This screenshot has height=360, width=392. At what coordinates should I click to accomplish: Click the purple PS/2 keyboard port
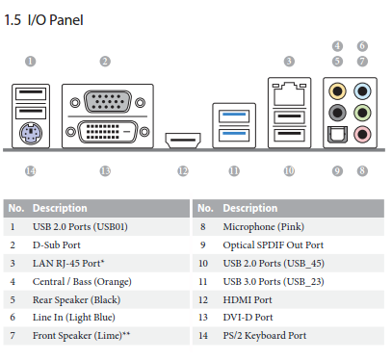click(x=31, y=134)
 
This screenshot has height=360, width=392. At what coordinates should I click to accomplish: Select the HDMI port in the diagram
click(x=183, y=141)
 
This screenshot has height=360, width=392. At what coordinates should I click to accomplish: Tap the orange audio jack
click(x=337, y=91)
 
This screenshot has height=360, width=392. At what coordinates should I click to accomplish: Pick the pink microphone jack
click(x=362, y=134)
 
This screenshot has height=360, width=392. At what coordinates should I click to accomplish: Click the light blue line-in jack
click(x=362, y=91)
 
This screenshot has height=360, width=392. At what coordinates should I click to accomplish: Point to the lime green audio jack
click(x=362, y=113)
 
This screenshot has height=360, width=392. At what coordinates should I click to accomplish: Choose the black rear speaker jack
click(x=337, y=113)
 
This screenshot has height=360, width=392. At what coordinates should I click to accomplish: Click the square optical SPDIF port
click(x=337, y=134)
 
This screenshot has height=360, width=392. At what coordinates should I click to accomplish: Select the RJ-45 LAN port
click(x=289, y=94)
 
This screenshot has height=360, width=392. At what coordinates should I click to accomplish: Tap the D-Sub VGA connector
click(x=108, y=102)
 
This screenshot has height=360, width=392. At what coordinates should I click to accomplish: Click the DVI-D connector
click(x=108, y=132)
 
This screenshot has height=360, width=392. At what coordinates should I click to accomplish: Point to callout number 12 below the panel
click(x=183, y=171)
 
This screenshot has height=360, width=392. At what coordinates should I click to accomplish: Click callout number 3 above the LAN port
click(x=289, y=62)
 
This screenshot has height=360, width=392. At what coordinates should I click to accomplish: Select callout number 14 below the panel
click(x=31, y=171)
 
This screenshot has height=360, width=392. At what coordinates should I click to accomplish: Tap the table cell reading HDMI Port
click(x=248, y=300)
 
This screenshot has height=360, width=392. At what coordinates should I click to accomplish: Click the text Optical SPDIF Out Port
click(x=274, y=245)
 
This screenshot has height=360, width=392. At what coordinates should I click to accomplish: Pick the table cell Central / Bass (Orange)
click(x=82, y=282)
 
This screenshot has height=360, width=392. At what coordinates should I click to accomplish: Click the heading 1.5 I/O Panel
click(x=43, y=20)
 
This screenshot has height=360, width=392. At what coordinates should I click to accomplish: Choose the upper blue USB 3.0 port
click(x=234, y=116)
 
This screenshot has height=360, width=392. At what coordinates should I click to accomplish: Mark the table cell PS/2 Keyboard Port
click(x=265, y=336)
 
